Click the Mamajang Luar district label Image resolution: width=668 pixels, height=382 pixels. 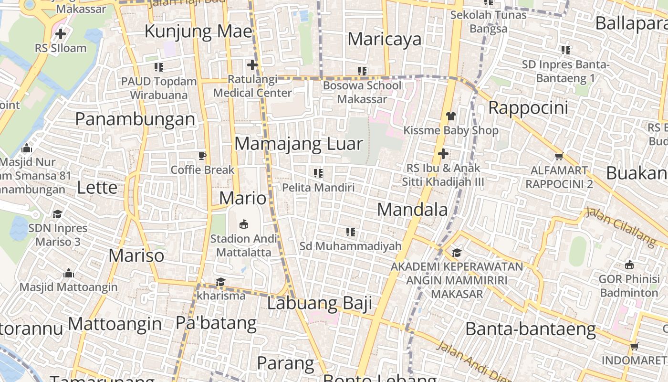tap(299, 144)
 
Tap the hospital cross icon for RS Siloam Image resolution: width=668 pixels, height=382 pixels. tap(61, 34)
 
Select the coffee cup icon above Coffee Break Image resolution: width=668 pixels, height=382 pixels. tap(202, 156)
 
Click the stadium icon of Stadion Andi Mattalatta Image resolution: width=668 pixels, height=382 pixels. tap(244, 223)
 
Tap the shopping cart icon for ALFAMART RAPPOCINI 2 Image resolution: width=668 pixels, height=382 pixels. tap(559, 156)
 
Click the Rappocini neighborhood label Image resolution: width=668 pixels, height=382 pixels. tap(528, 108)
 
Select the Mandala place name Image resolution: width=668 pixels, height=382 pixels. tap(413, 209)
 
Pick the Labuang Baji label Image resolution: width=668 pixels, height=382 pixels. tap(319, 303)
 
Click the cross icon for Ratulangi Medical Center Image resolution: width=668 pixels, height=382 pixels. tap(252, 64)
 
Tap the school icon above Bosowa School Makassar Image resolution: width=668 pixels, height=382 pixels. tap(362, 71)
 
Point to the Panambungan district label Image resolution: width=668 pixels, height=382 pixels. tap(135, 119)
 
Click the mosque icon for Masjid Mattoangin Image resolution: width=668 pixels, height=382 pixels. tap(69, 274)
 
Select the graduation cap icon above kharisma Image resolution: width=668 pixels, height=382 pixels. tap(220, 282)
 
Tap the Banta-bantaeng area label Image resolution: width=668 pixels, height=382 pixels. tap(531, 329)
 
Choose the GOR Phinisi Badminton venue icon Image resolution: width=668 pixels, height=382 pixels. tap(629, 265)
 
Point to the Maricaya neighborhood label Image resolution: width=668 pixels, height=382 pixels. tap(385, 39)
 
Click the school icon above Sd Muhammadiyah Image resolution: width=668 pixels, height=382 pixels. tap(351, 232)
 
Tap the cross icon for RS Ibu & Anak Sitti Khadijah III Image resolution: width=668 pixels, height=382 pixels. tap(443, 154)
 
